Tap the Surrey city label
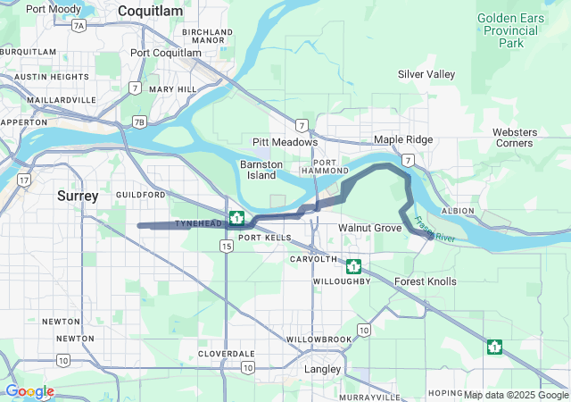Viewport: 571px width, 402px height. pyautogui.click(x=78, y=195)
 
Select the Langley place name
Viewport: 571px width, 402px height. pyautogui.click(x=322, y=369)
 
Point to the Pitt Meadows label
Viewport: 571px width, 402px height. pyautogui.click(x=285, y=142)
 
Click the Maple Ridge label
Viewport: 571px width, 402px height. pyautogui.click(x=403, y=140)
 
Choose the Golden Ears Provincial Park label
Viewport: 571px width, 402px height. pyautogui.click(x=511, y=29)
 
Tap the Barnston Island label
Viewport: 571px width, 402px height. pyautogui.click(x=261, y=170)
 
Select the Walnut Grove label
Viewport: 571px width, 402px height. pyautogui.click(x=369, y=229)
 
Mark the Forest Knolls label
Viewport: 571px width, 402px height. pyautogui.click(x=426, y=281)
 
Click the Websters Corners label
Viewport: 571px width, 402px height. pyautogui.click(x=515, y=138)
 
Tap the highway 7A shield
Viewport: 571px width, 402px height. pyautogui.click(x=79, y=26)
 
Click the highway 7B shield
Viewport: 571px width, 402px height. pyautogui.click(x=137, y=121)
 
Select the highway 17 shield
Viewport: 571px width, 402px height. pyautogui.click(x=22, y=180)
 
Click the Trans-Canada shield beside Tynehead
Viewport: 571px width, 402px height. pyautogui.click(x=237, y=217)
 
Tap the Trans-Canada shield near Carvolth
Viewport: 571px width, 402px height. pyautogui.click(x=353, y=266)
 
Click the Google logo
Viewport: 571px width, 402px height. pyautogui.click(x=29, y=391)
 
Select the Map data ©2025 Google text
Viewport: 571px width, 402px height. pyautogui.click(x=515, y=395)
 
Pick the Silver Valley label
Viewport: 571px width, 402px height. pyautogui.click(x=426, y=74)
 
